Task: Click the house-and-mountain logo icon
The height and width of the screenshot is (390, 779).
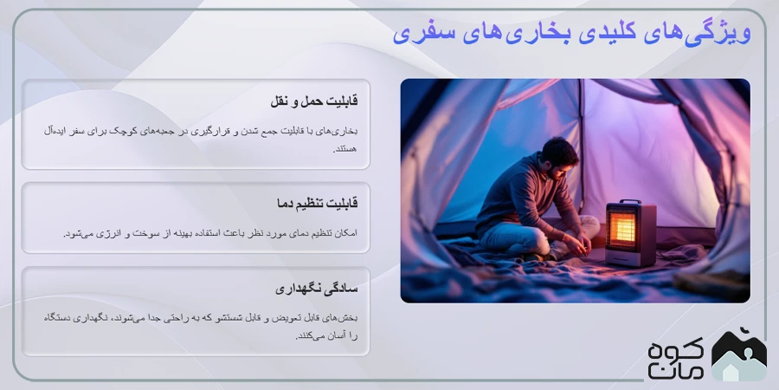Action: [x=738, y=355]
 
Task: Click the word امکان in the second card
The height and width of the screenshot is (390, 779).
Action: [x=344, y=233]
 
